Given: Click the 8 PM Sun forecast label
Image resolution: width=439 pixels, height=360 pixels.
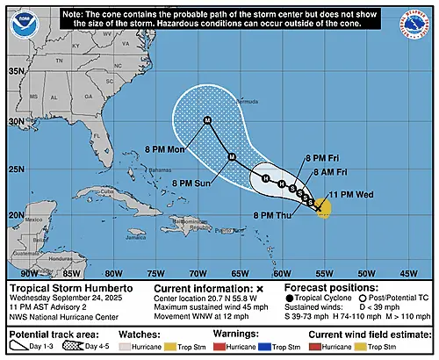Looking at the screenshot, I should pyautogui.click(x=191, y=183).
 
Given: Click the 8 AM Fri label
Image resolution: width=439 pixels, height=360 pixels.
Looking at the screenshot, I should pyautogui.click(x=320, y=173).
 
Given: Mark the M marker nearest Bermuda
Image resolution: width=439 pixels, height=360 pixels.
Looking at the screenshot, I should pyautogui.click(x=207, y=120).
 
